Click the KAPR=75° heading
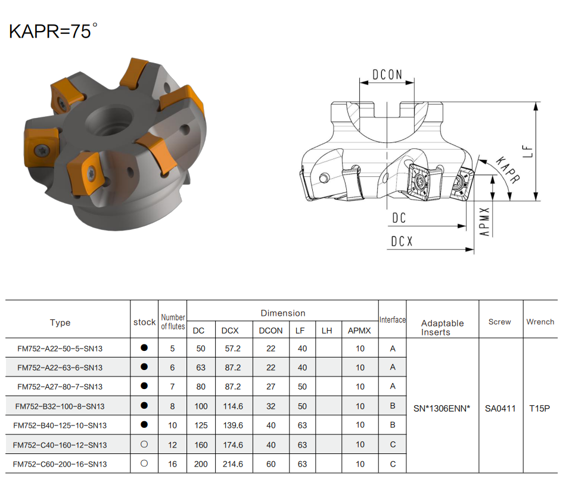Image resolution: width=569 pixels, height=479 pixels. point(54,31)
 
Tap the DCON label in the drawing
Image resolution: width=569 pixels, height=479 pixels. point(387,74)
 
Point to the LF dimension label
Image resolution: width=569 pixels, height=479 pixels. point(528,151)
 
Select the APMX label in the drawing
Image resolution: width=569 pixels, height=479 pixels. point(484,222)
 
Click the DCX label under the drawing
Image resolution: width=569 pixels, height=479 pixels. point(402,241)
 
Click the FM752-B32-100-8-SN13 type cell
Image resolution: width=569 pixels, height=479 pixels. point(60,406)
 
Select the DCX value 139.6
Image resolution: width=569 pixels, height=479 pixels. point(233,425)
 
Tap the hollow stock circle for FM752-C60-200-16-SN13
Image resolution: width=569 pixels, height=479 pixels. point(144,464)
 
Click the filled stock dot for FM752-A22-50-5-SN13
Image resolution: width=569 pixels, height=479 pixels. point(144,348)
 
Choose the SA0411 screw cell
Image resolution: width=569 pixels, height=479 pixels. point(500,409)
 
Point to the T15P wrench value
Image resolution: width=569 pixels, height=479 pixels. point(540,409)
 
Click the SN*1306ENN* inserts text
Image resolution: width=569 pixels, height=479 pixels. point(441,409)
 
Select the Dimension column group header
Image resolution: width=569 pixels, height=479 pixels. point(283,313)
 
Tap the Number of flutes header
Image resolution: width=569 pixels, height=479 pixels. point(173,322)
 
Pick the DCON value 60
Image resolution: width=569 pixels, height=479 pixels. point(270,464)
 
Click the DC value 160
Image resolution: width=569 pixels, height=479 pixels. point(201,445)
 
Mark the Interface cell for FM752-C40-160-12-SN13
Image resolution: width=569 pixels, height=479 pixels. point(393,444)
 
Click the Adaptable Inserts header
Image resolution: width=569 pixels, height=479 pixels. point(442,328)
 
